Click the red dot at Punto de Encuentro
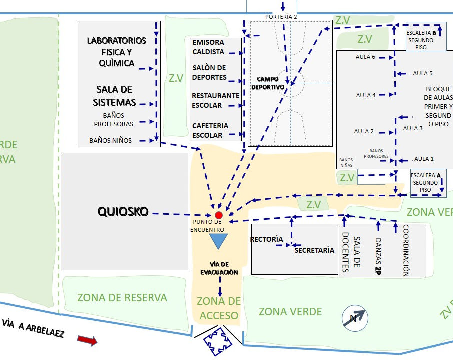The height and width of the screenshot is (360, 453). point(218,215)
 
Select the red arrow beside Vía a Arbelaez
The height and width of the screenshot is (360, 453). point(87,340)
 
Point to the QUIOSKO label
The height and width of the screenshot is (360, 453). point(123,212)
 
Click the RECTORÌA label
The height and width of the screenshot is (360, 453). point(266,239)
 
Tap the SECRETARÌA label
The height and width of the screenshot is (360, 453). point(314,250)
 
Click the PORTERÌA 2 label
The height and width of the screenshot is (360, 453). point(281,17)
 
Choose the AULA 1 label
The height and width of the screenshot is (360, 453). point(424,159)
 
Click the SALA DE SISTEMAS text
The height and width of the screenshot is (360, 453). point(114,96)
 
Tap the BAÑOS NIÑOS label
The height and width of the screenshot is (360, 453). point(110,141)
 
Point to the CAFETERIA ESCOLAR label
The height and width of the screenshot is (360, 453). point(210,130)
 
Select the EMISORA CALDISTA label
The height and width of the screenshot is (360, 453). point(208,47)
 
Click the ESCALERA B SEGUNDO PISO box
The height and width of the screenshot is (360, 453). point(425,37)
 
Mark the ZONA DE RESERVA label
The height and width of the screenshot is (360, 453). point(122,298)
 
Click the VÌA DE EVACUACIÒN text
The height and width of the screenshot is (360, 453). point(219,268)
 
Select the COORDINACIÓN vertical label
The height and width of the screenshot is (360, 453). point(406,250)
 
